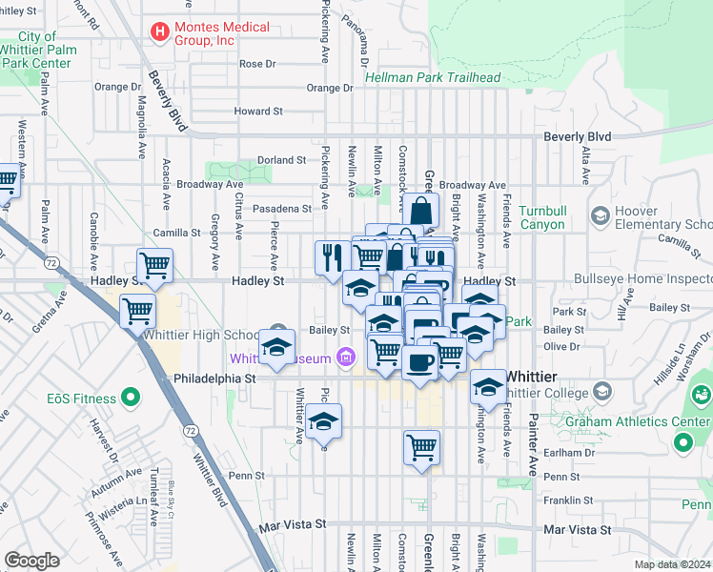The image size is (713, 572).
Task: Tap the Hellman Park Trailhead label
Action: tap(433, 77)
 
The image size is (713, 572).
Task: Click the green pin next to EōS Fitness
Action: tap(132, 398)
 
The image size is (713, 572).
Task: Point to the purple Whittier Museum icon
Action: tap(346, 358)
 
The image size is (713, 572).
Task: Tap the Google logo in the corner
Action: tap(31, 561)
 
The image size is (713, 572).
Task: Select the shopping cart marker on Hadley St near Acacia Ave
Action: tap(154, 265)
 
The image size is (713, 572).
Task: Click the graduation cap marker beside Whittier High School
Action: tap(276, 349)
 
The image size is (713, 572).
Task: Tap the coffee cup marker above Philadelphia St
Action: tap(420, 362)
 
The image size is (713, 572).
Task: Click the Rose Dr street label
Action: tap(257, 64)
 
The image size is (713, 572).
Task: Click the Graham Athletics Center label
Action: tap(626, 420)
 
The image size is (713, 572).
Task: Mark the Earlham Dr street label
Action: tap(561, 453)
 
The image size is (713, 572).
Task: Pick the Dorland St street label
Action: tap(281, 160)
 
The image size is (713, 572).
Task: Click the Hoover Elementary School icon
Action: tap(601, 214)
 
